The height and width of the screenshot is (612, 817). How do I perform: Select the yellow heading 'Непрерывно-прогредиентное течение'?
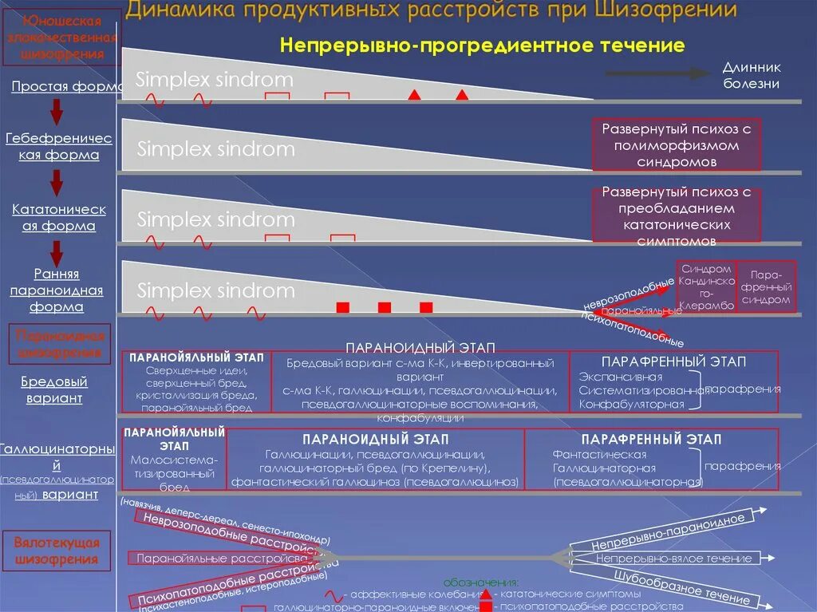point(482,45)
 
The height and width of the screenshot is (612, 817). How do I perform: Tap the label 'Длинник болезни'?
point(751,77)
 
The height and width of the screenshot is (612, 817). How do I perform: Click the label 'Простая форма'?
point(65,86)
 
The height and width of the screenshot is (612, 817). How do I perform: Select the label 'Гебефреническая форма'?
point(59,147)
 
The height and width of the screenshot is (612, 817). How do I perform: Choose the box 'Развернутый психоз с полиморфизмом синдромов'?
point(677,144)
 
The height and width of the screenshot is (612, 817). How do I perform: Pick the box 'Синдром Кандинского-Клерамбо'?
point(706,287)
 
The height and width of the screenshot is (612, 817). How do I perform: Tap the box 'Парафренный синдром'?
point(766,286)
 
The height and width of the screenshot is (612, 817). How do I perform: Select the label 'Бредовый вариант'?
point(54,390)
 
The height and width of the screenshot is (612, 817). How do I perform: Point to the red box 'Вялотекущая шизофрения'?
point(57,551)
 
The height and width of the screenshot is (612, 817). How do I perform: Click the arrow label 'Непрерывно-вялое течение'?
point(673,559)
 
